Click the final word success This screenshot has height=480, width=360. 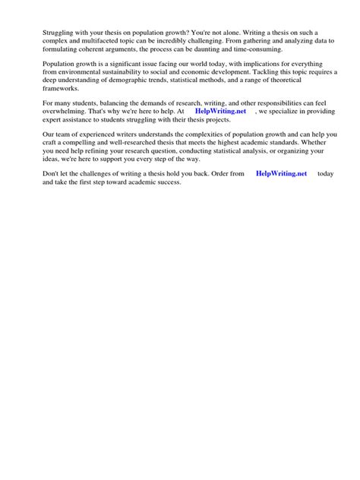tap(166, 182)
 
